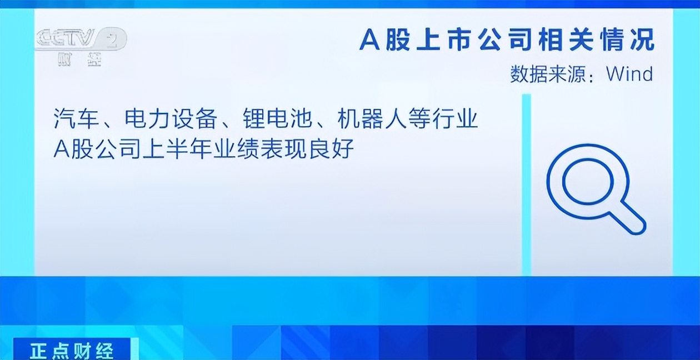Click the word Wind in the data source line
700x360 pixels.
pyautogui.click(x=629, y=74)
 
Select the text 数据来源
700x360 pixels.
pyautogui.click(x=548, y=74)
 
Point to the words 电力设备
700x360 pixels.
pyautogui.click(x=171, y=119)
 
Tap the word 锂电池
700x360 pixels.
pyautogui.click(x=278, y=119)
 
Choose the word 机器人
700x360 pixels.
pyautogui.click(x=372, y=119)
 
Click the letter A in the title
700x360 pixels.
pyautogui.click(x=369, y=39)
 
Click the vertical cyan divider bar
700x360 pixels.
pyautogui.click(x=527, y=184)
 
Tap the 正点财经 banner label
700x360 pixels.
pyautogui.click(x=72, y=351)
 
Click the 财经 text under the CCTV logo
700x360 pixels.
pyautogui.click(x=79, y=59)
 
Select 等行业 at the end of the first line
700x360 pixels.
pyautogui.click(x=443, y=119)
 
